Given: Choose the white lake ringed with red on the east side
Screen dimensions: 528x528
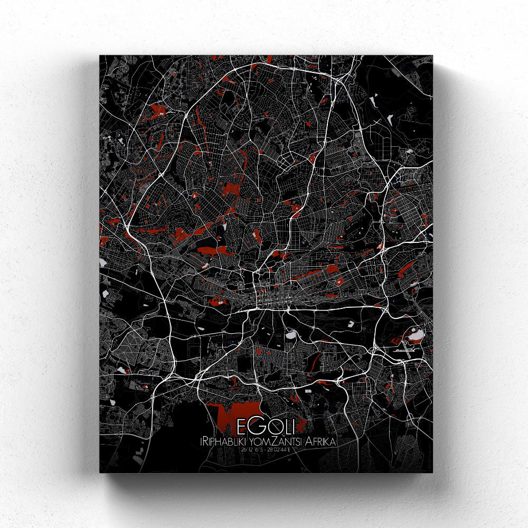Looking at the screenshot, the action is point(414,335).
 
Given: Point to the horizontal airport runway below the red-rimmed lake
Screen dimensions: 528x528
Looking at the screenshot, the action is point(409,349).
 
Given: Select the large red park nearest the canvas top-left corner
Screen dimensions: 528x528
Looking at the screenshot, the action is point(157,110).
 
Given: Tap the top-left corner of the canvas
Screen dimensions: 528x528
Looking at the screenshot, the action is point(100,55).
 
